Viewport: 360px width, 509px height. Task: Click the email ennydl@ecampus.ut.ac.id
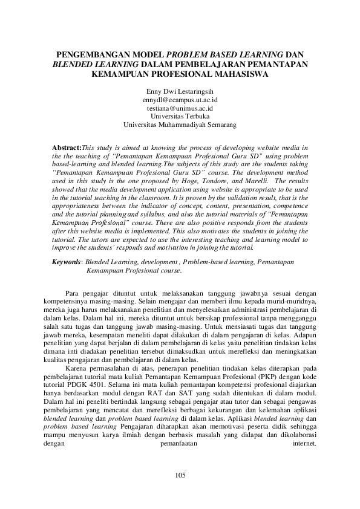(180, 99)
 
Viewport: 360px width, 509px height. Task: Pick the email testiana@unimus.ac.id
(180, 108)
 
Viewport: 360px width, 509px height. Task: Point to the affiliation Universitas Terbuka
(180, 116)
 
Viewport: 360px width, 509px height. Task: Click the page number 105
(180, 476)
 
